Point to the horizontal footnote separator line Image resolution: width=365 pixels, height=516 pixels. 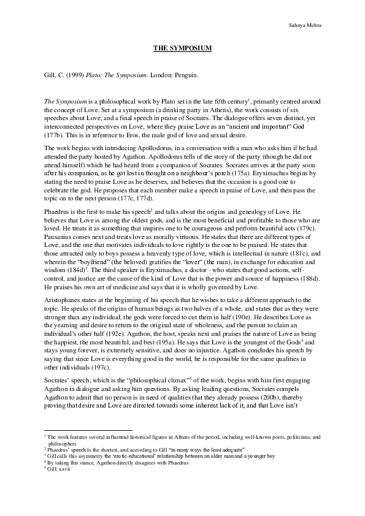[80, 430]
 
